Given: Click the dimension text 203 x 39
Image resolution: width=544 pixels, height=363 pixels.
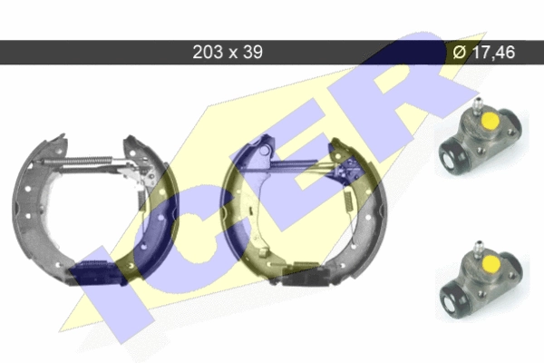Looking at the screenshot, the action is point(228,52).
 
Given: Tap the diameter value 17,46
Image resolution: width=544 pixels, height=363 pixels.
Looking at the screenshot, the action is point(494,52).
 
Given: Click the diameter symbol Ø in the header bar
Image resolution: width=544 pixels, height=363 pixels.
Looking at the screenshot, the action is point(460,52).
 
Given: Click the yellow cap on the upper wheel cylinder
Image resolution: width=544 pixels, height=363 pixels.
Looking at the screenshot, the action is point(490,120).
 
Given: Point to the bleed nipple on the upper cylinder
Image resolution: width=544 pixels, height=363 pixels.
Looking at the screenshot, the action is point(478,104).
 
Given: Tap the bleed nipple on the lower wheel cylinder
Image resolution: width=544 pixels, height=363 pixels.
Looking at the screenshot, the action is point(480,248).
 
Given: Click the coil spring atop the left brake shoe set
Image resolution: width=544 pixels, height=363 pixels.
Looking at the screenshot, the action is point(78,160).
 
